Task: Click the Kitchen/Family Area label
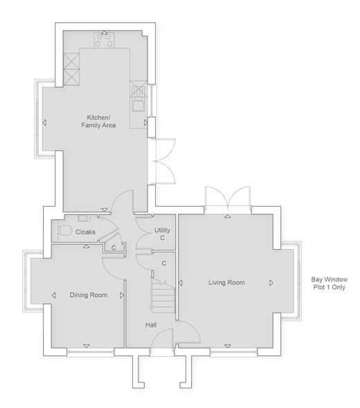98,121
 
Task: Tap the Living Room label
226,283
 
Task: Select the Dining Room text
89,295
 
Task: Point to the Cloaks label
85,232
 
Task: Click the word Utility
162,230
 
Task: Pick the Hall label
151,325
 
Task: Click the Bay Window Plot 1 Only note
330,283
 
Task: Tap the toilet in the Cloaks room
65,230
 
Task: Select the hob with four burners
104,40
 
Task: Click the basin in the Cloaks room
84,219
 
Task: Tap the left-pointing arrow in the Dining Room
53,295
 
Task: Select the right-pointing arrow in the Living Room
271,283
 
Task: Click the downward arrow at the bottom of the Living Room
228,346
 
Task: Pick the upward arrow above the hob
105,33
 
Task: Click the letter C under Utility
162,238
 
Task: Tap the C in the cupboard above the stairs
164,263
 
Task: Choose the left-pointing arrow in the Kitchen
44,122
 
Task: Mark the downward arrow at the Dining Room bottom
87,346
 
